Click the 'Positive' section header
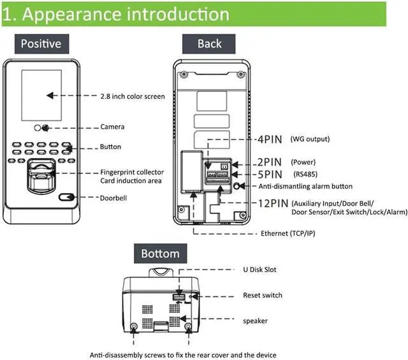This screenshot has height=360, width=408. (x=41, y=43)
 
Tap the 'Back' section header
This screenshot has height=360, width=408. (x=210, y=43)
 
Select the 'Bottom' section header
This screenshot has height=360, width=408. (x=161, y=254)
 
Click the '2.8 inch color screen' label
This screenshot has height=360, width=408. (x=133, y=97)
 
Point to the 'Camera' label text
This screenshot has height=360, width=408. (x=112, y=127)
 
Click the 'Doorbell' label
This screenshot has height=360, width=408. (x=113, y=198)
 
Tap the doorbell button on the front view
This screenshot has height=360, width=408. (x=66, y=198)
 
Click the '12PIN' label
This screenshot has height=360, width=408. (x=271, y=203)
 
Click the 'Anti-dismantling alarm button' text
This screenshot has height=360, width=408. (x=305, y=187)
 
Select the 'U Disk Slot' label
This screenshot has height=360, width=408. (x=259, y=270)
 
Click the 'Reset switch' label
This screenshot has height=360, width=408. (x=262, y=295)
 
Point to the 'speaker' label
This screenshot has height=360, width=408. (x=255, y=320)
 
